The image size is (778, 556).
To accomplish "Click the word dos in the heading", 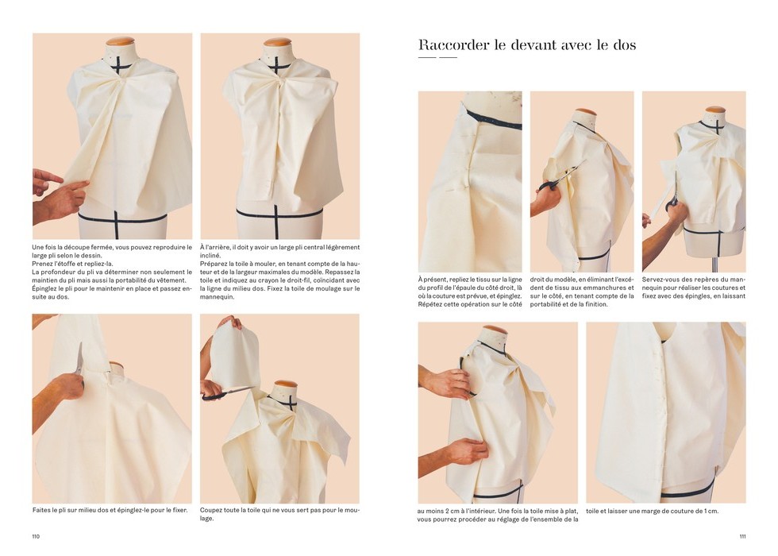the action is tap(624, 44).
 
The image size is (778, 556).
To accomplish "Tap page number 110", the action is tap(36, 536).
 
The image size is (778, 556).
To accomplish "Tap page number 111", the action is tap(742, 536).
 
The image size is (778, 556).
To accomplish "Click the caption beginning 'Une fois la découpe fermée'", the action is tap(112, 272).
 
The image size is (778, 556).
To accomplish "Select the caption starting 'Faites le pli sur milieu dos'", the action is tap(110, 510).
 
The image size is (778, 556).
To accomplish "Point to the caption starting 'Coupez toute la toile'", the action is tap(279, 514).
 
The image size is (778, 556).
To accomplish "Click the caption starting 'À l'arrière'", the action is tap(279, 272).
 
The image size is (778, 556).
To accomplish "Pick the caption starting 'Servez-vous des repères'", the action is tap(694, 288).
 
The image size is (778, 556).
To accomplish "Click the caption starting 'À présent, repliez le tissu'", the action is tap(470, 292).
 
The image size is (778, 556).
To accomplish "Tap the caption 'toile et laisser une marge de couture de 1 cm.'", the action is tap(652, 511).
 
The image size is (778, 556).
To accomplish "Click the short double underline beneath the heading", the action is tap(437, 57).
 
